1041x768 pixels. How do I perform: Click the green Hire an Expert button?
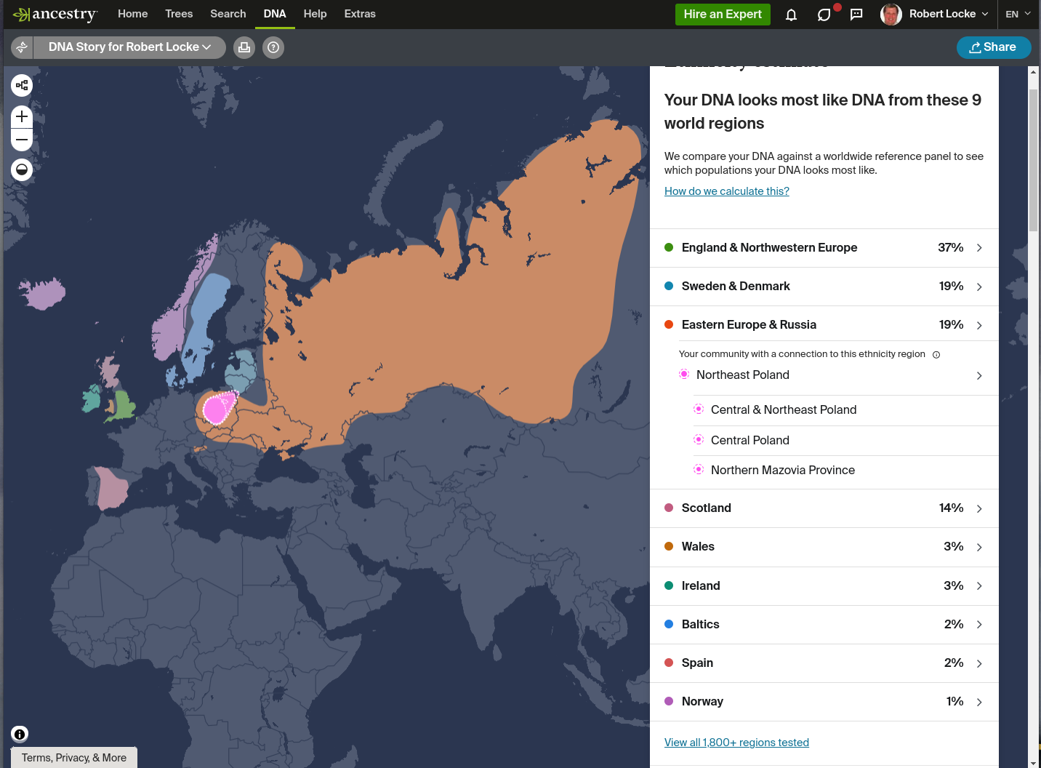click(722, 15)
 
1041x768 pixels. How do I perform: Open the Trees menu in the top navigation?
click(179, 14)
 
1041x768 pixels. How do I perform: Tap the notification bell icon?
click(791, 15)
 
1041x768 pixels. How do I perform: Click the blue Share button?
click(993, 47)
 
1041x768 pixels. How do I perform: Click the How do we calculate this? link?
click(726, 191)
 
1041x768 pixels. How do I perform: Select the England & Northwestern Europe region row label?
click(769, 248)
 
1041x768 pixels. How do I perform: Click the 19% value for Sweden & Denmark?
click(951, 287)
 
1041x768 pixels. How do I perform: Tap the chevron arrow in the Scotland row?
click(979, 509)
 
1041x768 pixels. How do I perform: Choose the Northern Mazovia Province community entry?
click(782, 471)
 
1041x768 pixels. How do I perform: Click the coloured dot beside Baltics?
click(669, 624)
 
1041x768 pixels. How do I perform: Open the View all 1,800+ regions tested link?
click(736, 743)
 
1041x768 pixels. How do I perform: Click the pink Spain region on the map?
click(110, 487)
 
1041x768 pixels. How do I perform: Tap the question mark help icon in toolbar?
click(273, 47)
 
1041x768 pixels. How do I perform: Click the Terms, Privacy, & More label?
click(74, 758)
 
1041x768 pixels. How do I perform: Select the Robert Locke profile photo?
click(891, 15)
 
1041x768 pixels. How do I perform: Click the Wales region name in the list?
click(698, 547)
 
